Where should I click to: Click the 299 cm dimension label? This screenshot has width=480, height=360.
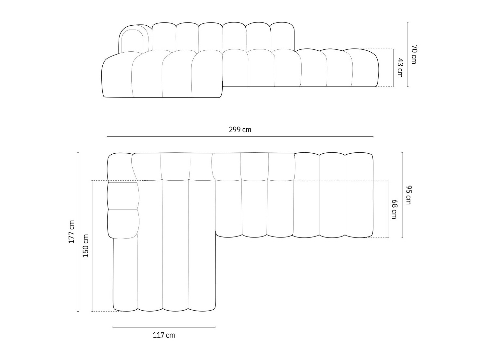[240, 130]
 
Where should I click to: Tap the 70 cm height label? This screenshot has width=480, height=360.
[413, 54]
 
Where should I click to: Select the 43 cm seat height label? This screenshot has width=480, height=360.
[400, 68]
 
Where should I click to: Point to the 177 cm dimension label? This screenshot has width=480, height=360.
[71, 232]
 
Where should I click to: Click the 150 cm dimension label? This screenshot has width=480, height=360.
[85, 246]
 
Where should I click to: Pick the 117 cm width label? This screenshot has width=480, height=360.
[164, 335]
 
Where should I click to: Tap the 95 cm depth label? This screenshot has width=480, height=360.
[409, 195]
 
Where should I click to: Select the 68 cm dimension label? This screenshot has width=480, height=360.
[394, 209]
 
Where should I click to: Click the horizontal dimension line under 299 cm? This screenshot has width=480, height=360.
[240, 137]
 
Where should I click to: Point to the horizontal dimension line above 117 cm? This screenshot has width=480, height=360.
[164, 327]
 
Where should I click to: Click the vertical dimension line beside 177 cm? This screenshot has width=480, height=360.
[78, 232]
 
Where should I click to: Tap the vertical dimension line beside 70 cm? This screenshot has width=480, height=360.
[408, 54]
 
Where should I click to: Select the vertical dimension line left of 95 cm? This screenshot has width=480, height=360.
[402, 195]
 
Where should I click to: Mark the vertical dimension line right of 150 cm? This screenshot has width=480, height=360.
[92, 246]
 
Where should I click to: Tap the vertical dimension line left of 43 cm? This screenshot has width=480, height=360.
[394, 68]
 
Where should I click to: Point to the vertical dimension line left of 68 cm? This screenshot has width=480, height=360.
[388, 209]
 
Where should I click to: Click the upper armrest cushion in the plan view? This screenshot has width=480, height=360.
[123, 196]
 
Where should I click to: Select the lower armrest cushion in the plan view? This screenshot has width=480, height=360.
[123, 224]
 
